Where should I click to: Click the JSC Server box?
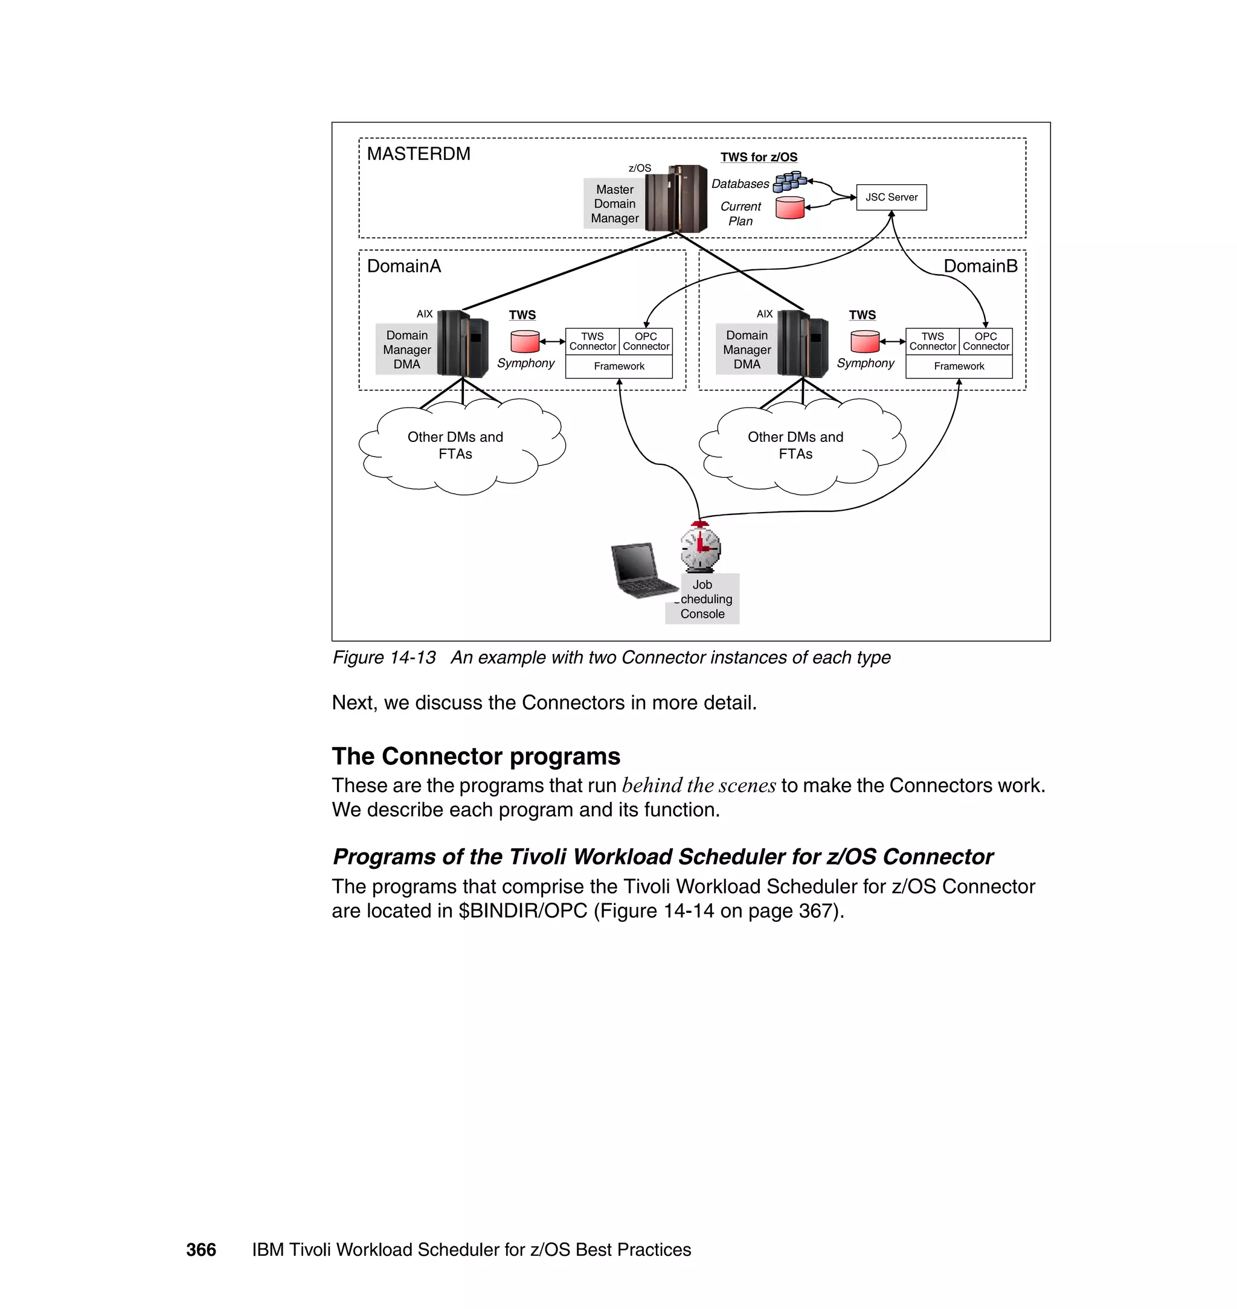[x=891, y=197]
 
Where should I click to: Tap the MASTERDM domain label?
[x=418, y=154]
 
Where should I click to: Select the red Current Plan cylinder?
[x=789, y=208]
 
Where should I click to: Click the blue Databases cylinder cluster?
[x=789, y=181]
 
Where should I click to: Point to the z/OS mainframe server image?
[x=675, y=197]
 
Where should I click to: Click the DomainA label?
[x=403, y=266]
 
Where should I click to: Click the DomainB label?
[x=980, y=266]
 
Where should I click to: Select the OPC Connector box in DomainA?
[x=646, y=341]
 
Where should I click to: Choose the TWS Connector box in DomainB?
[x=933, y=341]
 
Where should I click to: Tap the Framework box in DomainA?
[x=618, y=366]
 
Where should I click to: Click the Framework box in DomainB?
[x=959, y=366]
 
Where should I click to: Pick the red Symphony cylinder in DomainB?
[x=864, y=341]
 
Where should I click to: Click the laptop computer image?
[x=641, y=569]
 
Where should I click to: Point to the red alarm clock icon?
[x=700, y=547]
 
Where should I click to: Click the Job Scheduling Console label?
[x=702, y=599]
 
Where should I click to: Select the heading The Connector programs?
[x=475, y=756]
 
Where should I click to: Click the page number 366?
[x=201, y=1250]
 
